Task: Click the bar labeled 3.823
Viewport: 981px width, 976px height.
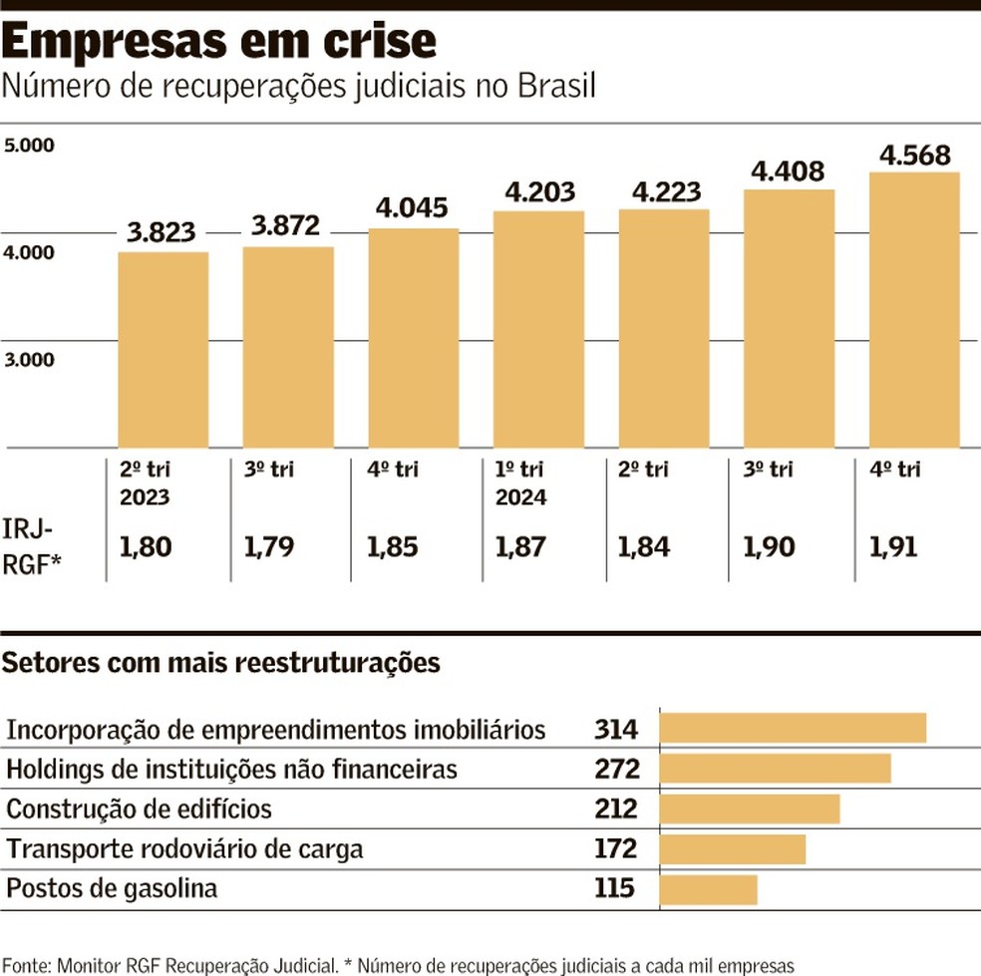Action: coord(163,349)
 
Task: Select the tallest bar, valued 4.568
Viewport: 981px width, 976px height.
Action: coord(914,309)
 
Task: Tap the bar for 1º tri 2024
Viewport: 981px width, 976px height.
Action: coord(538,329)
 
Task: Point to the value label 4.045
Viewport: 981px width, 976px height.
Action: coord(413,208)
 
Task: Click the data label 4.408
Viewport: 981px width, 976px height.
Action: coord(789,170)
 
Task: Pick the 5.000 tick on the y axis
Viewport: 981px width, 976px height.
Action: coord(29,146)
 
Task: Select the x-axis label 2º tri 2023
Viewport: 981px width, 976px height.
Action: coord(146,482)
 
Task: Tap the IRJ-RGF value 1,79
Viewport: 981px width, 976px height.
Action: coord(268,546)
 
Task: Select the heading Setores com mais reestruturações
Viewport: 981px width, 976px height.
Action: coord(222,663)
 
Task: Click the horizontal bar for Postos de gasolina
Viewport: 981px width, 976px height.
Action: coord(708,888)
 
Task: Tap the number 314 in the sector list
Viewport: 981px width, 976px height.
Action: coord(615,730)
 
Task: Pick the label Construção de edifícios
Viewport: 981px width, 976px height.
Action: coord(139,809)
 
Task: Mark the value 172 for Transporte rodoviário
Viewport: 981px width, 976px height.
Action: coord(615,848)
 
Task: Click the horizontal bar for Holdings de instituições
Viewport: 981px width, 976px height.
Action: coord(775,769)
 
